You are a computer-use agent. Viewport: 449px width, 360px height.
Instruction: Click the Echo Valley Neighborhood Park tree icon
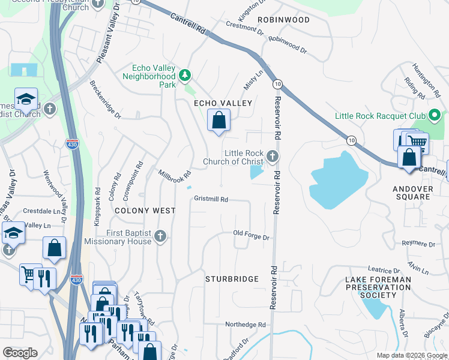(x=185, y=75)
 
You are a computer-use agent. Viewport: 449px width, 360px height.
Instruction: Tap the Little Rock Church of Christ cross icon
(x=273, y=157)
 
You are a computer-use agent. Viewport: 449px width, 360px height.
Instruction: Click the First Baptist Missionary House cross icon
(x=160, y=236)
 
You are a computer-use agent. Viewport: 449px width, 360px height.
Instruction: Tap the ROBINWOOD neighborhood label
(x=284, y=20)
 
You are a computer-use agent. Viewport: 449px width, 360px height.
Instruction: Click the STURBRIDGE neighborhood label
(x=232, y=279)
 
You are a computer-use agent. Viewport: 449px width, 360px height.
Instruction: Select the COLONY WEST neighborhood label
(x=145, y=211)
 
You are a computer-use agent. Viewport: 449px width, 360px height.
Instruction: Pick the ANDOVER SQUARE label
(x=412, y=193)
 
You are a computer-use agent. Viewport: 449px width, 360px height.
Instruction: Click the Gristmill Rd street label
(x=211, y=199)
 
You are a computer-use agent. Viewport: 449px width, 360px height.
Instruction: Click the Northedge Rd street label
(x=245, y=325)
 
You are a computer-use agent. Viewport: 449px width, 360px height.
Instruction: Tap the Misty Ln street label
(x=253, y=80)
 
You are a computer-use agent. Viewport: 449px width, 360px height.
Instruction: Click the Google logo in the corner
(x=20, y=353)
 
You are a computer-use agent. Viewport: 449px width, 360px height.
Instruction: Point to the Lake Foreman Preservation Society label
(x=379, y=287)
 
